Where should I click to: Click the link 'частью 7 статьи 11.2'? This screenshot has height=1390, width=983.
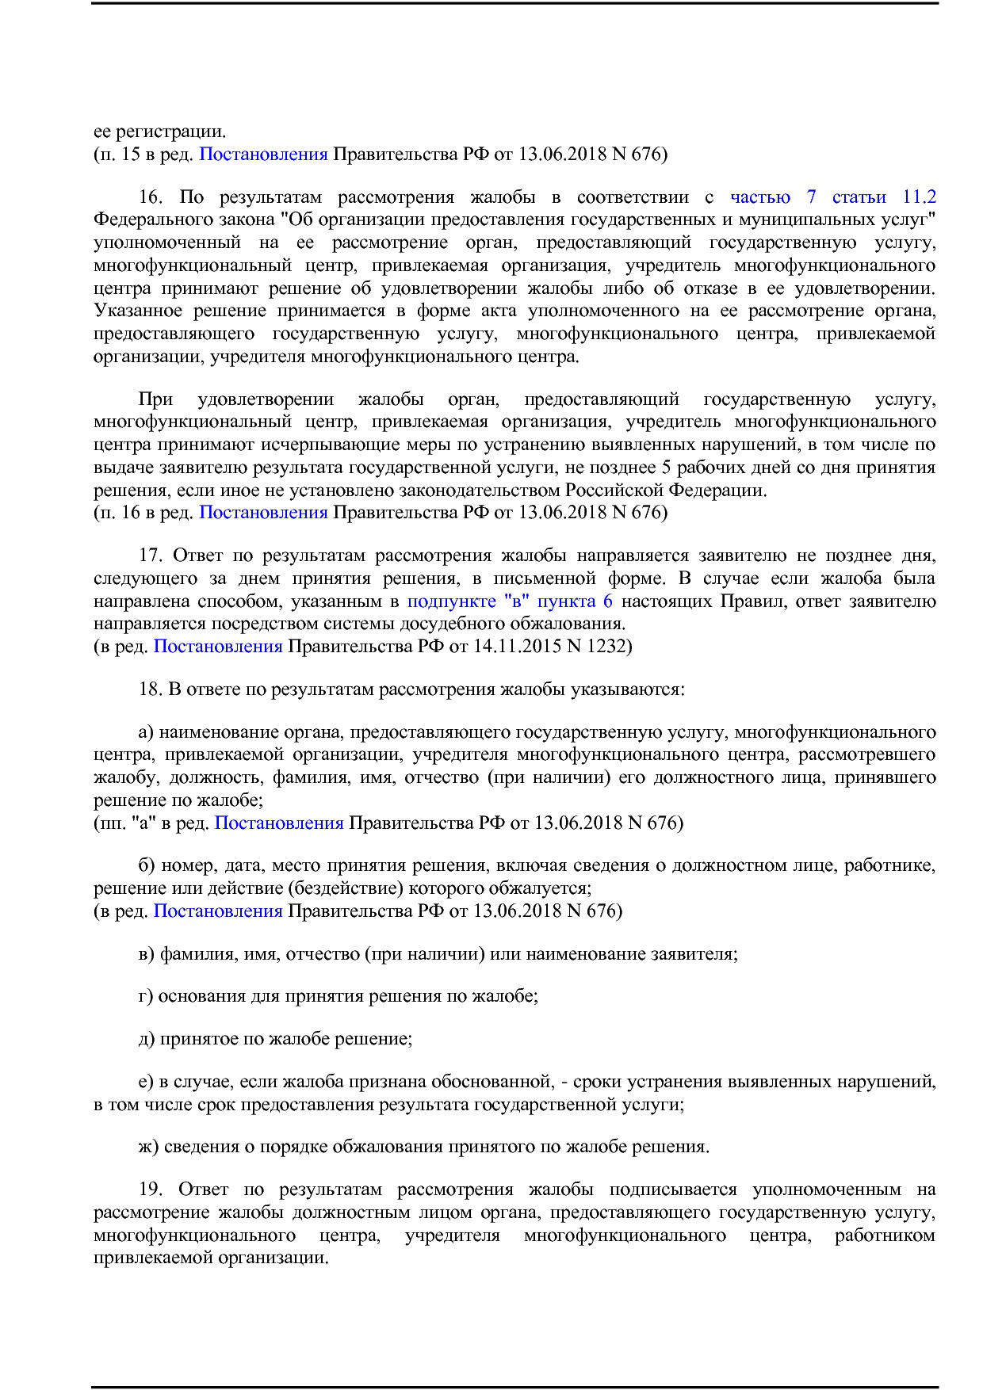pyautogui.click(x=832, y=197)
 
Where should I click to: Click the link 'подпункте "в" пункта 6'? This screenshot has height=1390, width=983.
pyautogui.click(x=509, y=601)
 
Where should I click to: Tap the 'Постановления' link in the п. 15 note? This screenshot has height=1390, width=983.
pyautogui.click(x=263, y=154)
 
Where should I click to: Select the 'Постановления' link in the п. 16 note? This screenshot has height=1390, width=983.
pyautogui.click(x=263, y=513)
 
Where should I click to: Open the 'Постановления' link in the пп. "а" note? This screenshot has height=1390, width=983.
pyautogui.click(x=279, y=823)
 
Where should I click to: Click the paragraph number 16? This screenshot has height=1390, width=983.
pyautogui.click(x=150, y=197)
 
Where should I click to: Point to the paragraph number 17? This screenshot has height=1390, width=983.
pyautogui.click(x=150, y=556)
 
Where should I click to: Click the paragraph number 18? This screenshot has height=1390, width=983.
pyautogui.click(x=150, y=689)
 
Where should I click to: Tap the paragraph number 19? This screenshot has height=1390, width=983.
pyautogui.click(x=150, y=1190)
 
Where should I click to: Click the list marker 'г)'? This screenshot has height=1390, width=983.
pyautogui.click(x=146, y=996)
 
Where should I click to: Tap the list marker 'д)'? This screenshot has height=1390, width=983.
pyautogui.click(x=147, y=1039)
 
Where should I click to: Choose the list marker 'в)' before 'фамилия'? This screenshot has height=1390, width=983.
pyautogui.click(x=147, y=953)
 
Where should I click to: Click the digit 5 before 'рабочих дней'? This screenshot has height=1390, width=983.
pyautogui.click(x=667, y=468)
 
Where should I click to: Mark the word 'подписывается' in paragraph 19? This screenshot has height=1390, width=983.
pyautogui.click(x=673, y=1190)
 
